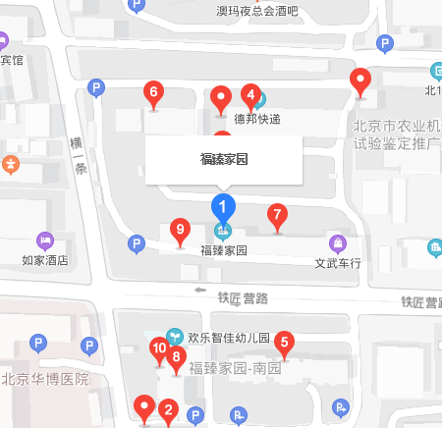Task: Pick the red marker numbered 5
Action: click(285, 343)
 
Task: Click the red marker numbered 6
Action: click(153, 94)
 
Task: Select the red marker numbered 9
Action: click(179, 231)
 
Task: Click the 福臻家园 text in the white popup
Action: click(223, 158)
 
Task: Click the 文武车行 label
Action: click(338, 263)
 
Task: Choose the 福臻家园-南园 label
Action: click(236, 369)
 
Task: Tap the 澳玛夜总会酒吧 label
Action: click(257, 12)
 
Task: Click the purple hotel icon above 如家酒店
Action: click(44, 241)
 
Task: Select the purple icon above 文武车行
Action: click(337, 242)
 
